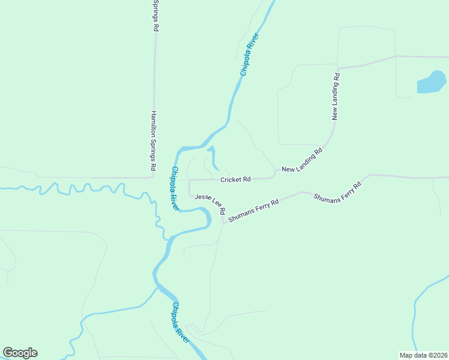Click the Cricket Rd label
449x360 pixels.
[x=235, y=179]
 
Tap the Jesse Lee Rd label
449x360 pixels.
[x=209, y=204]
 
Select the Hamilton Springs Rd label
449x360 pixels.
[x=154, y=139]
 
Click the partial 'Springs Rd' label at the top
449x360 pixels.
[x=155, y=16]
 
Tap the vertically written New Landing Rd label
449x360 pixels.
[x=336, y=97]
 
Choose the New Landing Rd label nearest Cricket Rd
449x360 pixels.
[x=302, y=161]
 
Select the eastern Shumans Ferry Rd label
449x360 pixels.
[x=338, y=190]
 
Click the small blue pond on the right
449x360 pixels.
[x=432, y=82]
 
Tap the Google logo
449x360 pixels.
[x=20, y=353]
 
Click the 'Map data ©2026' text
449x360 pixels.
[x=423, y=355]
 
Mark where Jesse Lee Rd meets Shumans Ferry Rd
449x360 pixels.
[x=224, y=223]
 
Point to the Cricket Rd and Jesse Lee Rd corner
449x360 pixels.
[x=190, y=180]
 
